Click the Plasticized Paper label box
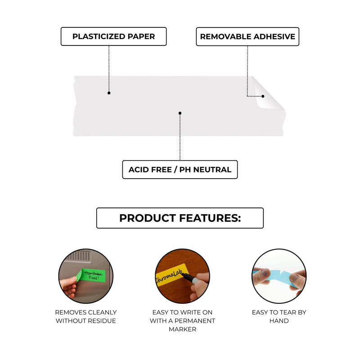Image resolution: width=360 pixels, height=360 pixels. (x=114, y=36)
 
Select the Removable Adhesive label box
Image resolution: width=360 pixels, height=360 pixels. (x=247, y=37)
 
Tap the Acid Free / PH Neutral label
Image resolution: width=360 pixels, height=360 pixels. (x=180, y=170)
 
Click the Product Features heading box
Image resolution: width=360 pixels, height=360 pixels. (x=180, y=218)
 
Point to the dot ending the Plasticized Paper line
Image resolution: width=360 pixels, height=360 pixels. (x=109, y=93)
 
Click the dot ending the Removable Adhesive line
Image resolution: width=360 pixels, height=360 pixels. (x=263, y=96)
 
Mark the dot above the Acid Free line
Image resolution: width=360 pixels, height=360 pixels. (x=180, y=113)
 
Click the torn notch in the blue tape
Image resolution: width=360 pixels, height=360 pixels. (x=280, y=273)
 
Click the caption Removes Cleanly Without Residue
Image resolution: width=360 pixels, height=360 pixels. (x=86, y=317)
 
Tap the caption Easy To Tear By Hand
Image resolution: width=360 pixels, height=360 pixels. (x=279, y=317)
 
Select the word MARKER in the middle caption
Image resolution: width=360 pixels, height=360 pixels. (x=183, y=329)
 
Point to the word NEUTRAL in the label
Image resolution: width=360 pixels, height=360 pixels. (x=212, y=170)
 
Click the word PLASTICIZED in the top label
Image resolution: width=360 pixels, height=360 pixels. (x=99, y=36)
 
